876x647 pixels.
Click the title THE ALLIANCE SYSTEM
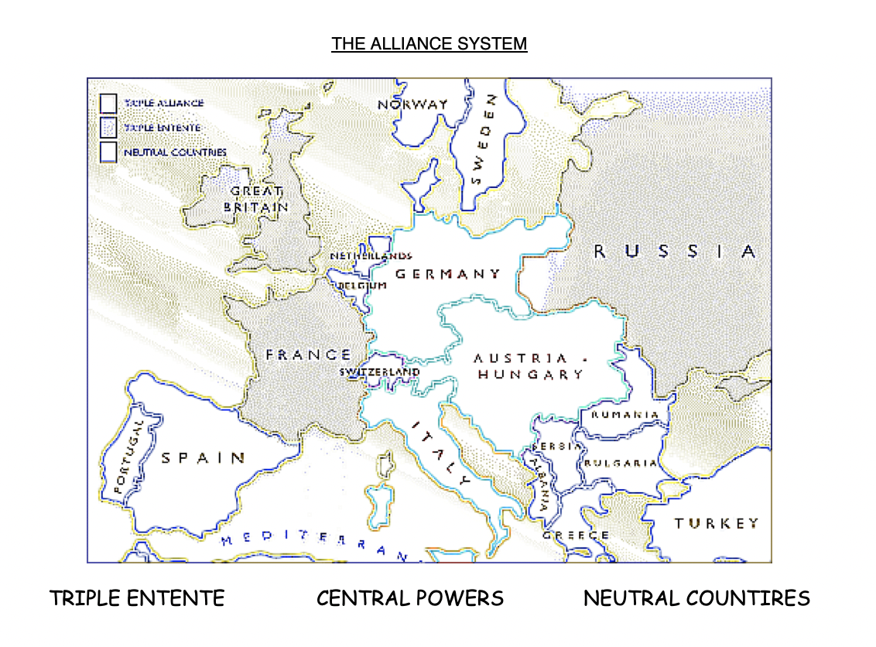tap(429, 43)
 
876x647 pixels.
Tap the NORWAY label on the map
tap(412, 104)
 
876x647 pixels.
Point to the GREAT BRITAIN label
tap(256, 199)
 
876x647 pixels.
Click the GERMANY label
tap(448, 274)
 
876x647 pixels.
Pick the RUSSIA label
tap(674, 251)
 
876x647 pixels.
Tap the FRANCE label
tap(308, 354)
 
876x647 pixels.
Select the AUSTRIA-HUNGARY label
tap(530, 367)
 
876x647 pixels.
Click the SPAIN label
tap(203, 457)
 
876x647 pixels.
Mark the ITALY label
tap(441, 452)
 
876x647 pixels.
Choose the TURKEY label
tap(716, 523)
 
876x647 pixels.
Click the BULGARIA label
tap(621, 464)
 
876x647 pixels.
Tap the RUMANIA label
tap(625, 414)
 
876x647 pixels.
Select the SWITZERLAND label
tap(380, 372)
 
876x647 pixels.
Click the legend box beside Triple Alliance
tap(108, 103)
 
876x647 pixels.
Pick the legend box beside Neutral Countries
tap(108, 152)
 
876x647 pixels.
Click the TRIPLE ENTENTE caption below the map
tap(137, 598)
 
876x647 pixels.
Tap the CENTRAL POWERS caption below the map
tap(410, 598)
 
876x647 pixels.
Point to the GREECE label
tap(576, 535)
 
